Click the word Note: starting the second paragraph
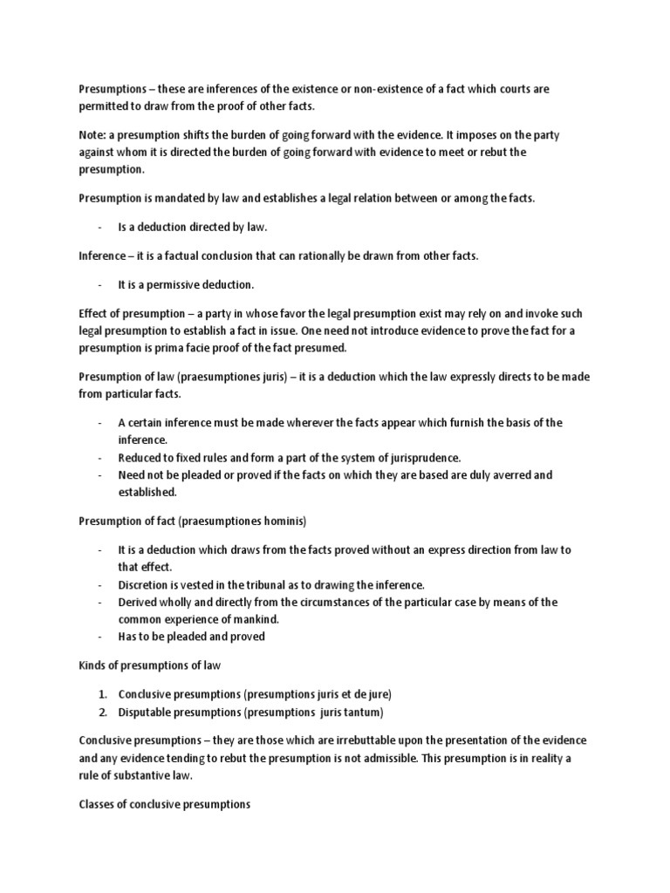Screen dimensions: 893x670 coord(92,135)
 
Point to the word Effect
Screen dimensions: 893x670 coord(93,313)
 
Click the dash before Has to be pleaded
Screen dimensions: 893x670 coord(100,637)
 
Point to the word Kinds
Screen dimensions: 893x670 coord(92,665)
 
